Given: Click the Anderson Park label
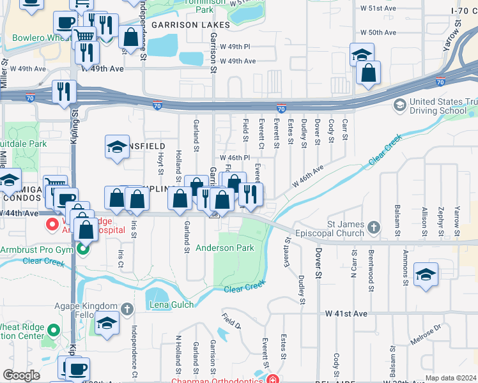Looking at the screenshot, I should click(x=224, y=248).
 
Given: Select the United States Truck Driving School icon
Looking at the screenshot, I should click(x=400, y=104).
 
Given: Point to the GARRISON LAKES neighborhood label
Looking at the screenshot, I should click(x=182, y=24).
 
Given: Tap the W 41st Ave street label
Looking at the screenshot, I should click(x=346, y=313).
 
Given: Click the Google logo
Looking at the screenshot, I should click(x=20, y=375).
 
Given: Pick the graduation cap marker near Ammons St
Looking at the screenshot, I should click(x=426, y=275).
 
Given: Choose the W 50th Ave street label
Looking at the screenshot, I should click(x=380, y=32).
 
